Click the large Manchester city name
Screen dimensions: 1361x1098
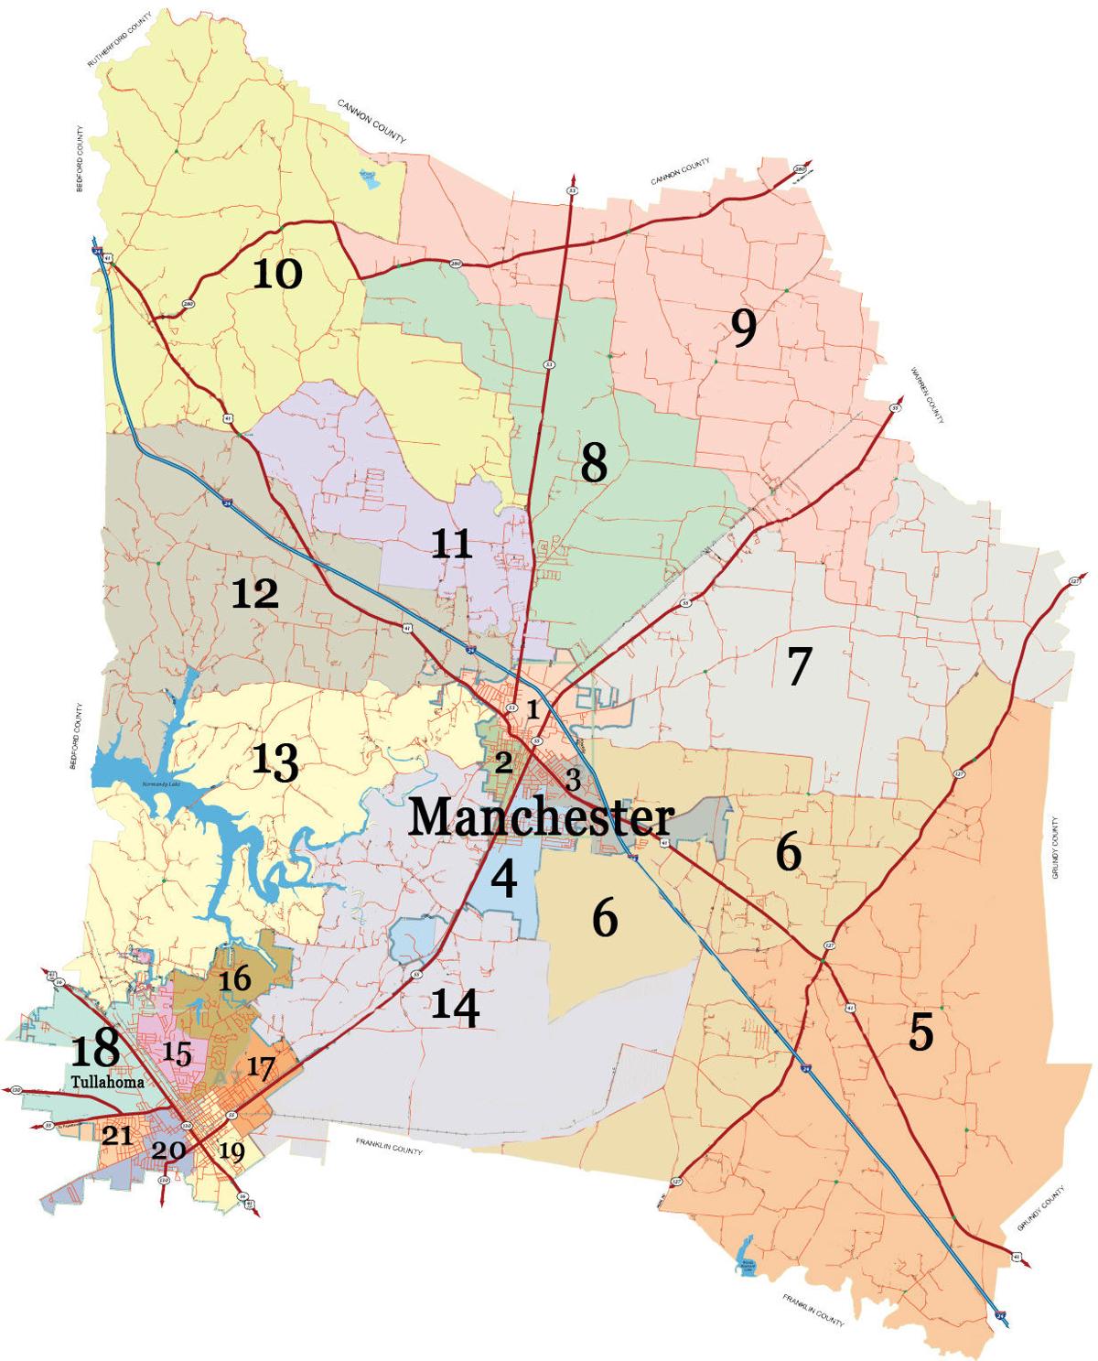tap(541, 817)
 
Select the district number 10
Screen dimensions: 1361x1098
tap(276, 273)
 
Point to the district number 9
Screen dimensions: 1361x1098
tap(744, 329)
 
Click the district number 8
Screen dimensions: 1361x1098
tap(594, 464)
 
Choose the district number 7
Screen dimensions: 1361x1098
tap(797, 666)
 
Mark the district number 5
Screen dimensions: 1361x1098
tap(920, 1032)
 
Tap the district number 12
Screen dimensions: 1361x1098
tap(254, 596)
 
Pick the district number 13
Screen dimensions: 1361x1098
tap(274, 761)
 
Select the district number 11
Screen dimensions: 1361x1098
tap(452, 545)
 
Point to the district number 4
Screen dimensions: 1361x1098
tap(503, 879)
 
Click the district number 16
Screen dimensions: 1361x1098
tap(234, 979)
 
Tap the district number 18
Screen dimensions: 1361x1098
tap(94, 1048)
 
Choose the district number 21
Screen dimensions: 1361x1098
tap(117, 1136)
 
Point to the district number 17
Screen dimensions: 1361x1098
tap(260, 1068)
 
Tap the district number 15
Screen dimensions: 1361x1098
tap(178, 1054)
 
